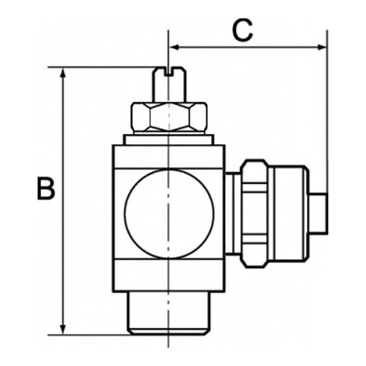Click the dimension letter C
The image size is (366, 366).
tap(242, 30)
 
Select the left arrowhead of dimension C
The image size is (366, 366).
tap(176, 47)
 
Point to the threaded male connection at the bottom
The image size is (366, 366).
tap(168, 314)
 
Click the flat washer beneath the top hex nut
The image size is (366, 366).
tap(168, 137)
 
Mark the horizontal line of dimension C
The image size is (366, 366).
tap(246, 47)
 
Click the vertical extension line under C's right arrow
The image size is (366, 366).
tap(327, 112)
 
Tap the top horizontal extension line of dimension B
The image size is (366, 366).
tap(105, 67)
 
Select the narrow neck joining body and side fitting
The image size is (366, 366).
tap(232, 213)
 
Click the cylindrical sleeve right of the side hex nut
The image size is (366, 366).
tap(287, 213)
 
